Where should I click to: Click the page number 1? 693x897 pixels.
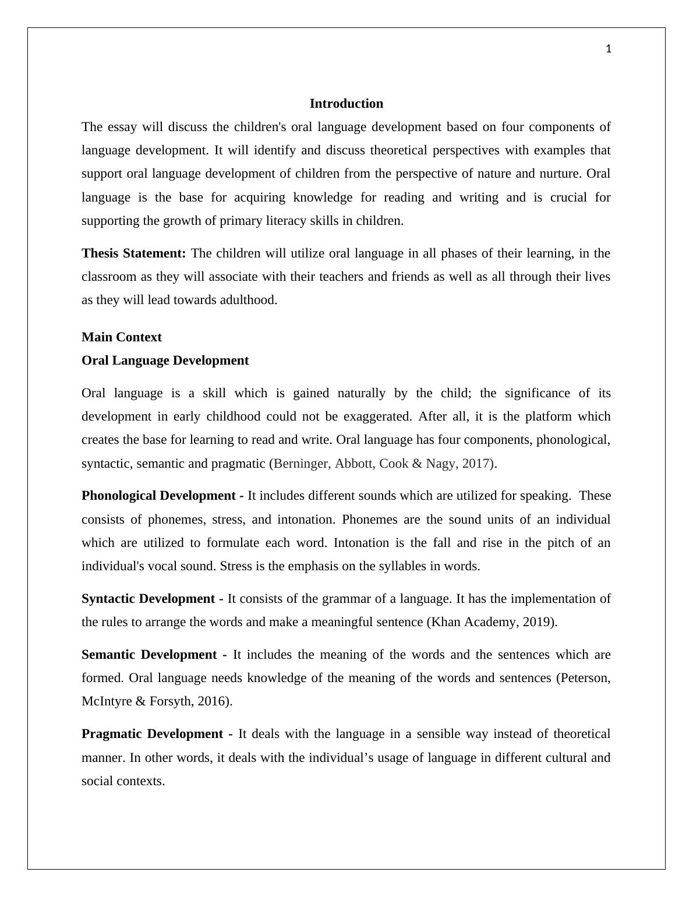609,50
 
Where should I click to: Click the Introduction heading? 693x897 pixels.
346,104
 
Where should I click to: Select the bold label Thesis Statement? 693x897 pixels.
133,253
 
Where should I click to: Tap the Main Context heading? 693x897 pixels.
122,337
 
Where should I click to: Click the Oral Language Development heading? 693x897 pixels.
165,361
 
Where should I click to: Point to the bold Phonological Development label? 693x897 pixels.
158,496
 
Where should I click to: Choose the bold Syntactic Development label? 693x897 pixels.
148,599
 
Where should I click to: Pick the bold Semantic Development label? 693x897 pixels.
150,655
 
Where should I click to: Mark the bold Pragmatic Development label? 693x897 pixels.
152,734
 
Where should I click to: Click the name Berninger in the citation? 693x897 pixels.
302,464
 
